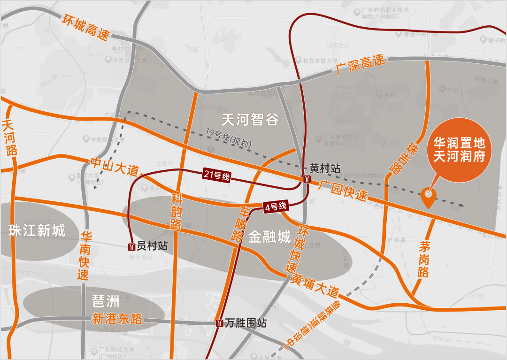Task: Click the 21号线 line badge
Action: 216,176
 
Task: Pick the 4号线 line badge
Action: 276,206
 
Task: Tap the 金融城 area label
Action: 269,237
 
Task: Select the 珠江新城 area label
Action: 37,230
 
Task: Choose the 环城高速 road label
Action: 85,28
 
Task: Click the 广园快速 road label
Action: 342,190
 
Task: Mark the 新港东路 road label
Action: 117,319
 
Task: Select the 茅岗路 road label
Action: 424,259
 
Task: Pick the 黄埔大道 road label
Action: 315,284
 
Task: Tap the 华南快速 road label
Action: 85,255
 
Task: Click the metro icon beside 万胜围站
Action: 220,323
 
